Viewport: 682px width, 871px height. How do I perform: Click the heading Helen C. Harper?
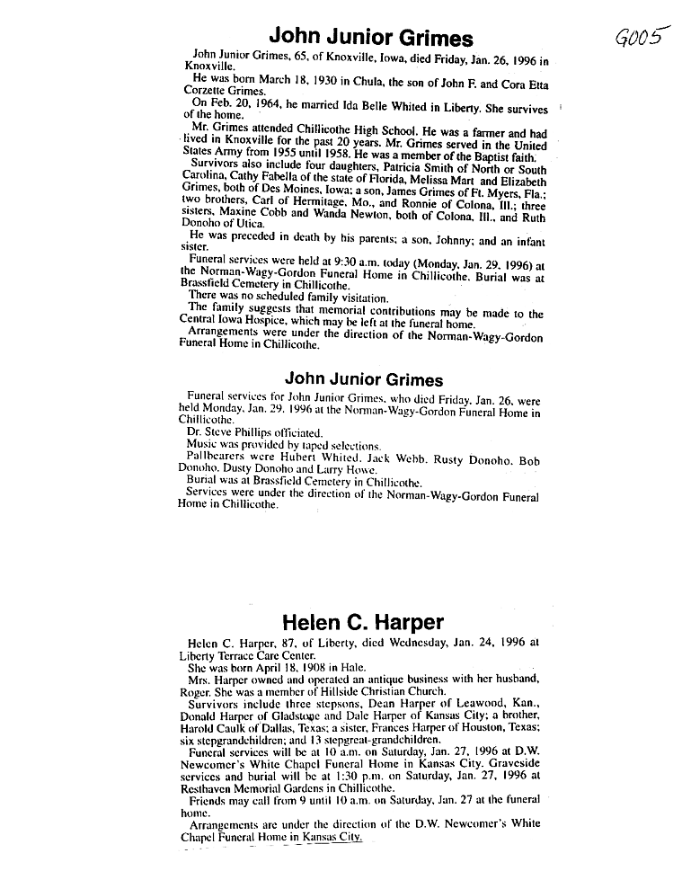click(362, 622)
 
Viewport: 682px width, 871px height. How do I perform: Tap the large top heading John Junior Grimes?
click(371, 38)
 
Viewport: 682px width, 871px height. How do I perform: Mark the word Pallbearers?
click(215, 458)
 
